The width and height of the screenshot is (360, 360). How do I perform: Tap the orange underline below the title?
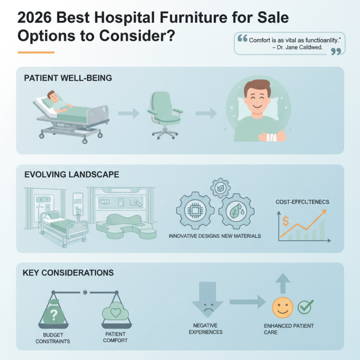click(36, 53)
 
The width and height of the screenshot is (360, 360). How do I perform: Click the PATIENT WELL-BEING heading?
click(67, 78)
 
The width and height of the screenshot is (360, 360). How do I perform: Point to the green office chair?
click(165, 112)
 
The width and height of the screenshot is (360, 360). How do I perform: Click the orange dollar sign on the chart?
click(285, 220)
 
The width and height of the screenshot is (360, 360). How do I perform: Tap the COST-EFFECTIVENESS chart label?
click(302, 202)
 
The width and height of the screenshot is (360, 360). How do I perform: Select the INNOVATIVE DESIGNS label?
click(194, 236)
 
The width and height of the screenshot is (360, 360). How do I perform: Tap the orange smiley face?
click(282, 308)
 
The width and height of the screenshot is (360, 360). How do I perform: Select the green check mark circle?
click(306, 307)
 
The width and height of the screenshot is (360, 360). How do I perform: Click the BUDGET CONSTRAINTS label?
click(54, 338)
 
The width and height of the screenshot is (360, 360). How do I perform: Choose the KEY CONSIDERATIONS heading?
click(68, 273)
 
